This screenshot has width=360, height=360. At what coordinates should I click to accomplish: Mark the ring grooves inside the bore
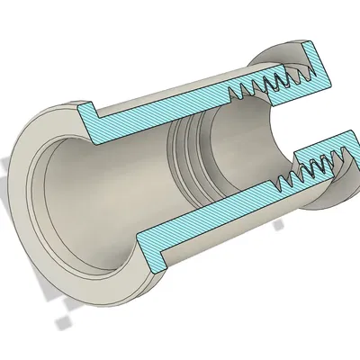coord(189,153)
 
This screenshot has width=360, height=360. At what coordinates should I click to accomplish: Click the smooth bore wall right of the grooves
coord(238,144)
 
